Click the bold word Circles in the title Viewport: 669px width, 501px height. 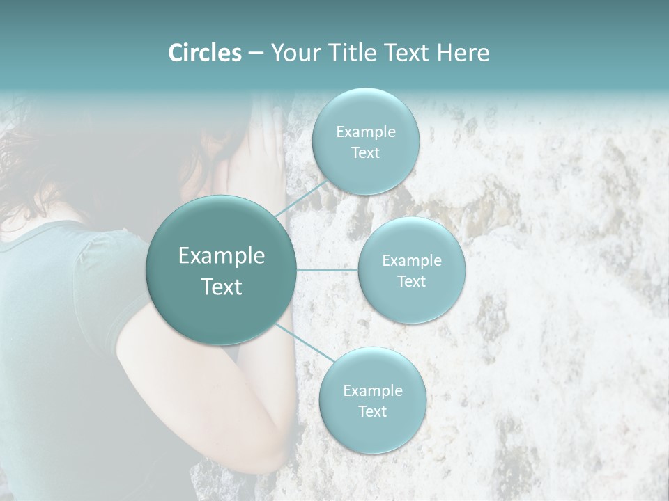coord(204,53)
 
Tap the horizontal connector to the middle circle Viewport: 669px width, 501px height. coord(327,270)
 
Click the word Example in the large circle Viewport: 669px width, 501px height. coord(222,256)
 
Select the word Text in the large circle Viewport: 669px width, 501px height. coord(222,287)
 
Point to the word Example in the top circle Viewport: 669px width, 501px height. coord(366,132)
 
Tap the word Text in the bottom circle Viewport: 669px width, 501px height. coord(372,412)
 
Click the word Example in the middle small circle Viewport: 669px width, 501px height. coord(412,261)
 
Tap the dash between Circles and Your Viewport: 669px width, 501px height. coord(256,54)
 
